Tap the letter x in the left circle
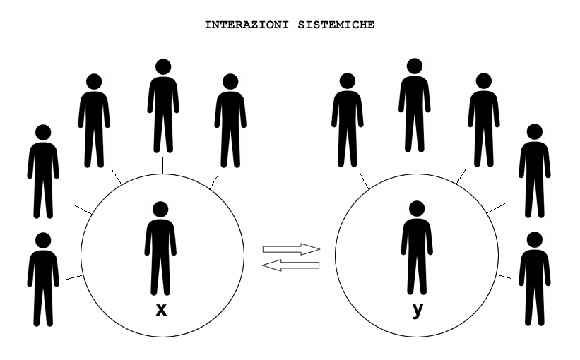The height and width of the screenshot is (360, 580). click(x=161, y=309)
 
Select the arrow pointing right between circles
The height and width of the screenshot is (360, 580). click(x=292, y=249)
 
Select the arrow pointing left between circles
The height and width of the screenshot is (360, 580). click(x=290, y=265)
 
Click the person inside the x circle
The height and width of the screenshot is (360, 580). click(x=160, y=247)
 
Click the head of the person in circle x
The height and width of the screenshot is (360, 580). click(x=160, y=208)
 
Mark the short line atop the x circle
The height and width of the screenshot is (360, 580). click(x=163, y=164)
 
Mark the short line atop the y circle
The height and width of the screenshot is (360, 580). click(x=415, y=164)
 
